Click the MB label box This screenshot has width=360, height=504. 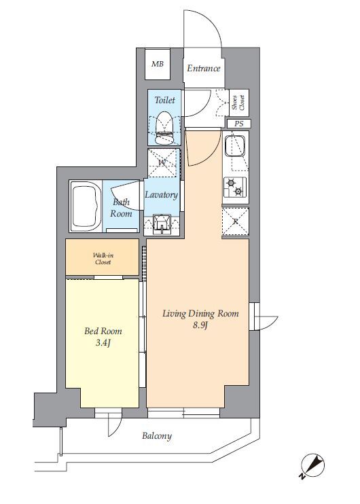pos(158,64)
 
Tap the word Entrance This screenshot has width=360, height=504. pos(204,69)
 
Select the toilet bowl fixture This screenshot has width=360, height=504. pos(164,128)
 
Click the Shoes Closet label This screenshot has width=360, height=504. pos(239,103)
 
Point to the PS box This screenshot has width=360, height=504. pos(239,124)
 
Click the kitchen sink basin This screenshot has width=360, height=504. pos(234,146)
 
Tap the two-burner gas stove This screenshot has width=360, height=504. pos(235,187)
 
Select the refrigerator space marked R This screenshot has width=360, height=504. pos(236,221)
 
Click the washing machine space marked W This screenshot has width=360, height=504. pos(162,162)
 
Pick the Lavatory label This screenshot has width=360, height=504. pos(161,195)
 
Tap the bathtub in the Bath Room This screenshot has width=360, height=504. pos(86,206)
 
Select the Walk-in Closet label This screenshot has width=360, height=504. pos(103,259)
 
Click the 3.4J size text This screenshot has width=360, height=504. pos(103,343)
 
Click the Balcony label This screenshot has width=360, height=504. pos(157,436)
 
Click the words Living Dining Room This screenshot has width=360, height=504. pos(200,313)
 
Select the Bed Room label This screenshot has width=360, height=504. pos(103,331)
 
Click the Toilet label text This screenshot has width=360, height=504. pos(165,100)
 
